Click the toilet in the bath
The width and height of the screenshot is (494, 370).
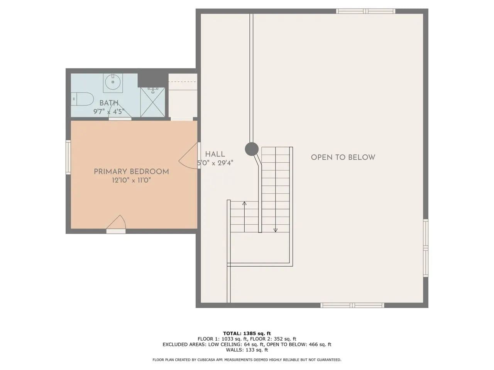82,99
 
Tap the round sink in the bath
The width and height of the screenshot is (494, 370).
113,82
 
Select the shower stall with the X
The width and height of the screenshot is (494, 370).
152,102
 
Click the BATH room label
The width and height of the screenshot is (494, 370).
109,103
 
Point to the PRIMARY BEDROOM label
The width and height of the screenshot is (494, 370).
132,172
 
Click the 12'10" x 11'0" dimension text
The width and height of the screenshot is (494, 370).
132,180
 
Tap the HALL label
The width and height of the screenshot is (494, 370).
215,154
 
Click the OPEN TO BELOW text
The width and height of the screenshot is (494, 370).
343,157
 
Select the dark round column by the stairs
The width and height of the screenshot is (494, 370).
252,149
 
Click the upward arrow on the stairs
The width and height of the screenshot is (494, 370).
244,217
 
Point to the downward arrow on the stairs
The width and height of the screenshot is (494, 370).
276,190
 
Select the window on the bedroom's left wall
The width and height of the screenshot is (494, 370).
68,157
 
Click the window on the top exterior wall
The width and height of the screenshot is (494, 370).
366,11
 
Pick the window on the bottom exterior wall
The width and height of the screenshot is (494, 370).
352,305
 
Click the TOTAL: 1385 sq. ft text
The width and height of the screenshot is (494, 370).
247,333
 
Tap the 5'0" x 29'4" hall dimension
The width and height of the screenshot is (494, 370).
215,163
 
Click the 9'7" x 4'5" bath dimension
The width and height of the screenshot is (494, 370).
109,111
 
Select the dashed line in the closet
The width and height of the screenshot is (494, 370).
183,82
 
